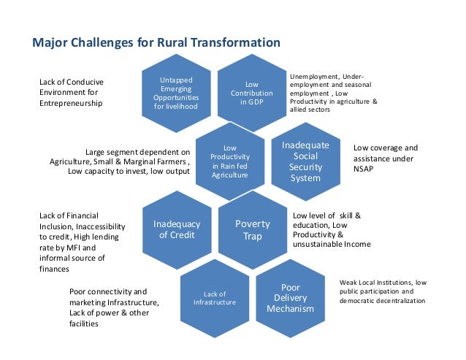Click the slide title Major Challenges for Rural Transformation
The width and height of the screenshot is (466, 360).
[156, 43]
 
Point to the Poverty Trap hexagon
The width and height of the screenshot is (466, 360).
[252, 229]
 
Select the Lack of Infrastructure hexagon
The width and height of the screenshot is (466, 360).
[214, 297]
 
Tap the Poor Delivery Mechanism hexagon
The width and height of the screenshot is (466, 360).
[291, 298]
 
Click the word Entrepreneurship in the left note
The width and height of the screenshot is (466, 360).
[71, 104]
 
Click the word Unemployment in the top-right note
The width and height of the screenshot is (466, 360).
[313, 76]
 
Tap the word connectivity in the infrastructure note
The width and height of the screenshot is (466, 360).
[112, 291]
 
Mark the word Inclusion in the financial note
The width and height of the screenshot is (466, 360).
[57, 226]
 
